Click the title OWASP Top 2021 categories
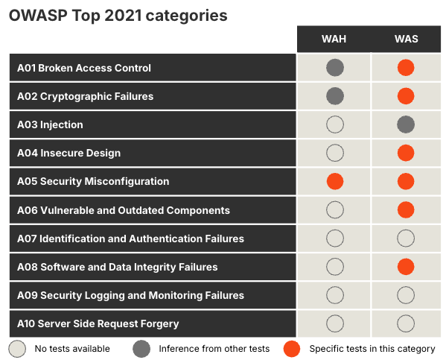pos(118,16)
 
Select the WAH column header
pos(334,40)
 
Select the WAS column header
pos(406,40)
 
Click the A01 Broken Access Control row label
pos(84,68)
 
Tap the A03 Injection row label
pos(50,124)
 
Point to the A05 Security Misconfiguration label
pos(93,181)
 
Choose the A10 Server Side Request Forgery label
pos(98,323)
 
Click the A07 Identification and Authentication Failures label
pos(130,239)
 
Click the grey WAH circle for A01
pos(335,68)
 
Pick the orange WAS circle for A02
pos(406,96)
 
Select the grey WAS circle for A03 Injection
pos(406,124)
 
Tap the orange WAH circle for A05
pos(335,181)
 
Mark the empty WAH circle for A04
pos(335,153)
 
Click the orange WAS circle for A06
pos(406,210)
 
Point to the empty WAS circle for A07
pos(406,239)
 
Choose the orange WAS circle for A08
pos(406,267)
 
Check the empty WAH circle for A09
pos(335,295)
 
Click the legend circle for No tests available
pos(17,348)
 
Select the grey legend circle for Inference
pos(141,348)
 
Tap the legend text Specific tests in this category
pos(372,348)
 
